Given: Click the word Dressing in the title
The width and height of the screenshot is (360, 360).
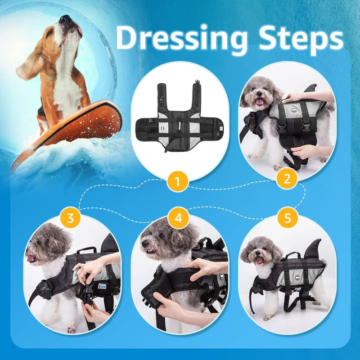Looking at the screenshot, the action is tap(182, 39).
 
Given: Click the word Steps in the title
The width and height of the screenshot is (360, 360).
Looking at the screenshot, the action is tap(301, 38).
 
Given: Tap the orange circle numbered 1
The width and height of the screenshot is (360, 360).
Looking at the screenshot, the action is tap(177, 182).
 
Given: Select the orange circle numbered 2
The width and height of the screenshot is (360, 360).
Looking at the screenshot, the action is tap(287, 179).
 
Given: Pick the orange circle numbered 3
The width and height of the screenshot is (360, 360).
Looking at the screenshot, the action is tap(70, 218).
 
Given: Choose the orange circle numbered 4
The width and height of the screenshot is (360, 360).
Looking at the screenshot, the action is tap(178, 218).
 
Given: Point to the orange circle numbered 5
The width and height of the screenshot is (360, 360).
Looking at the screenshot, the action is tap(287, 217).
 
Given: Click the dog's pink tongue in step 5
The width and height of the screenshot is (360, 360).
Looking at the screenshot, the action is tap(259, 261).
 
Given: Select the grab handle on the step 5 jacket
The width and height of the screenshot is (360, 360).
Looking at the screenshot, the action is tap(292, 255).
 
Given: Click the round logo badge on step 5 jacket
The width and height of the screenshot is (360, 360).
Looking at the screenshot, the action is tap(298, 277).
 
